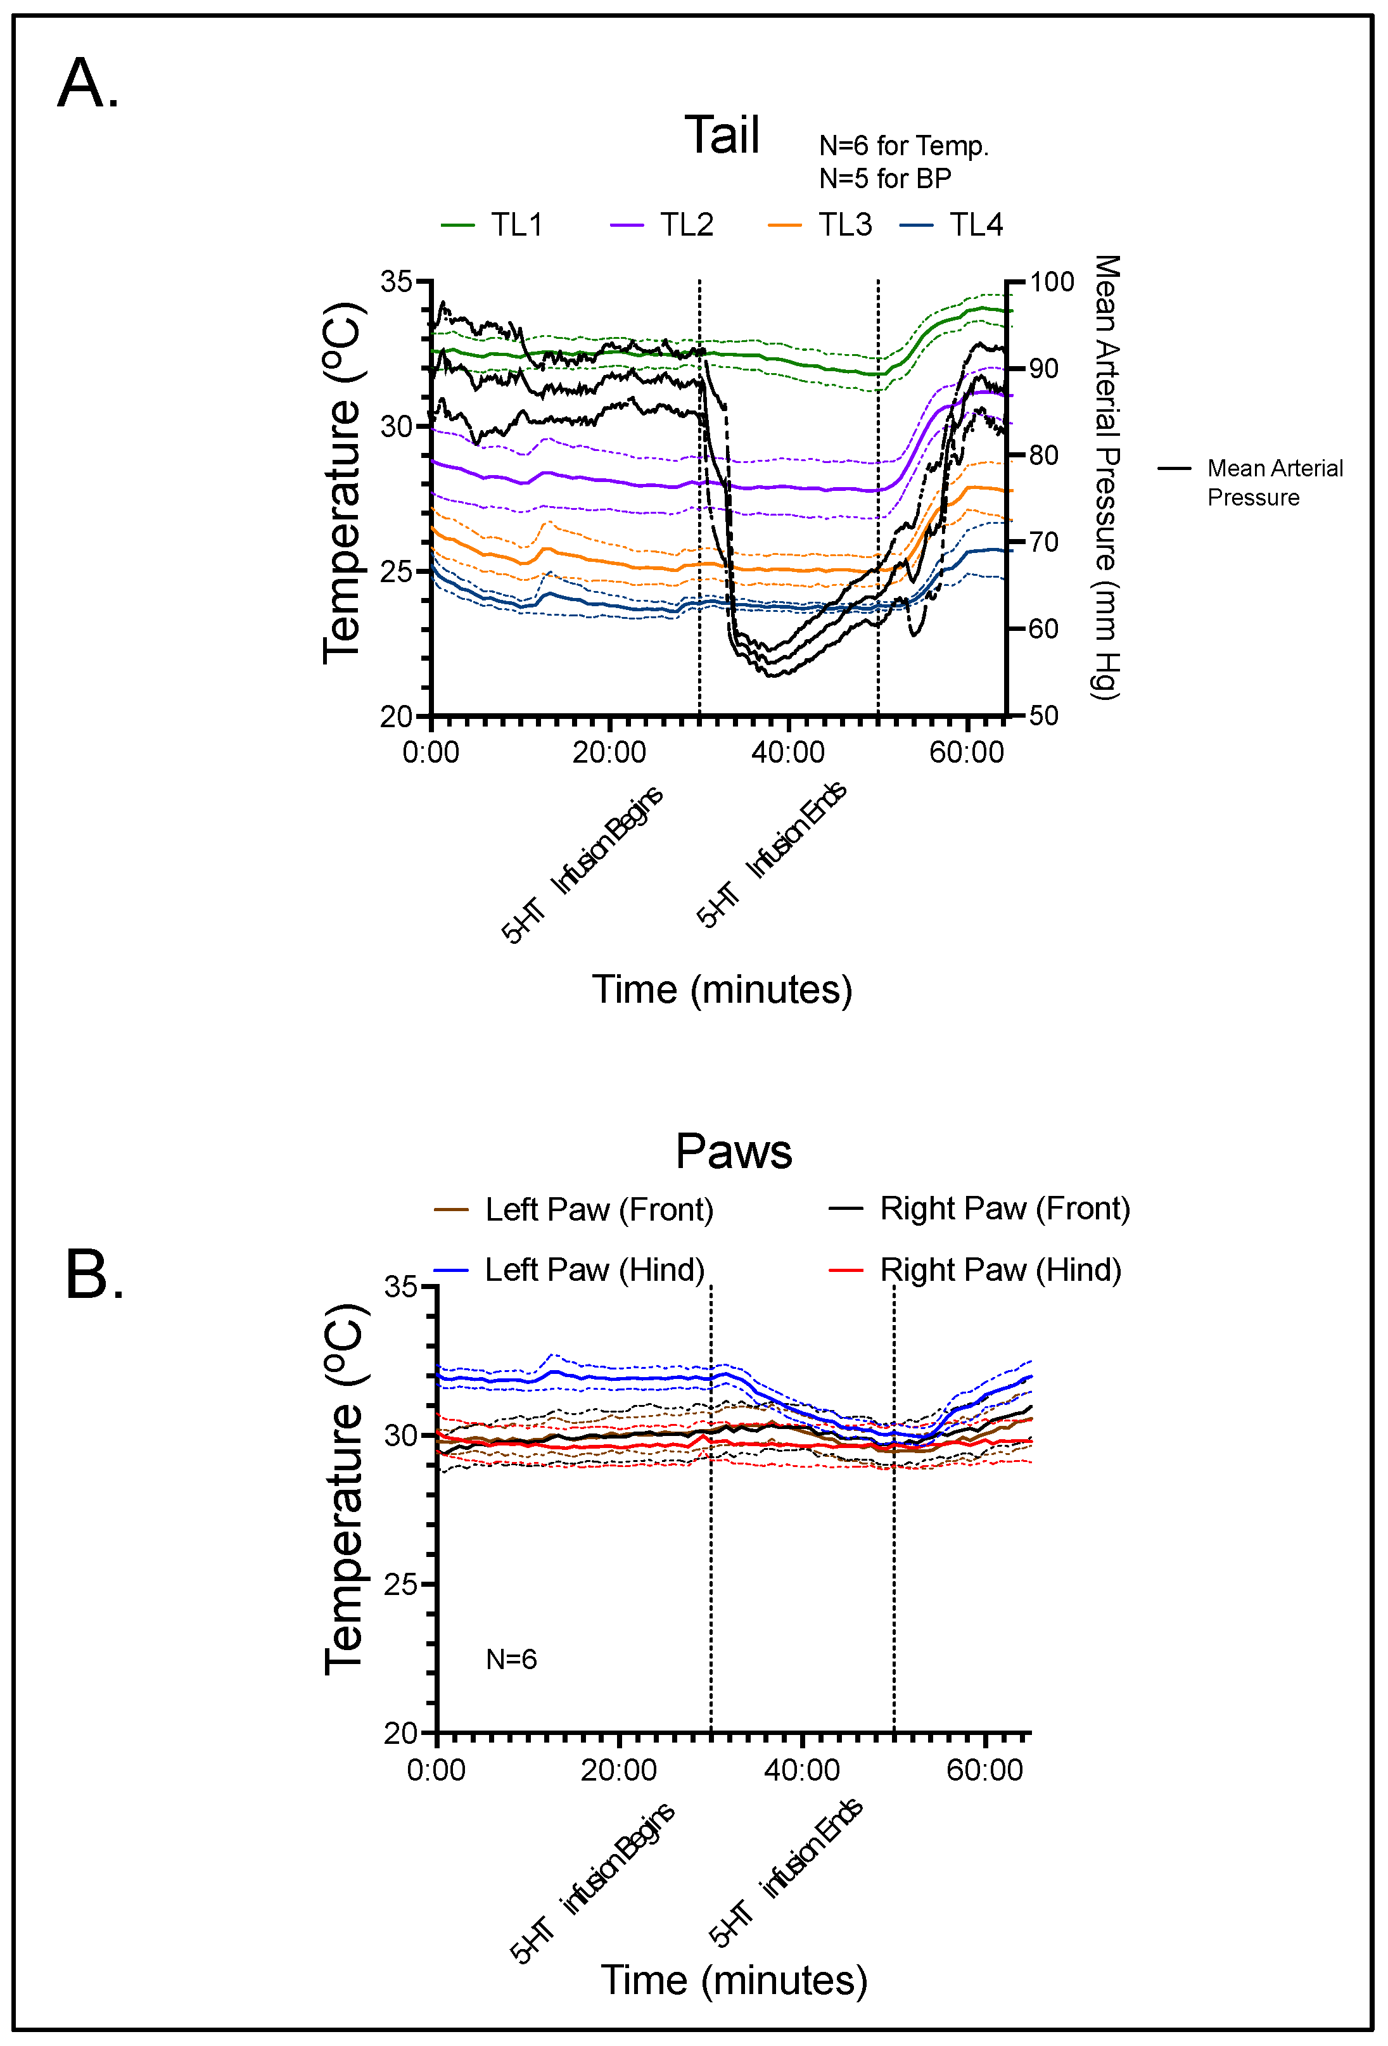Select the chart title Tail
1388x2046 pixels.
point(722,136)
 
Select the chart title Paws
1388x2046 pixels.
point(733,1151)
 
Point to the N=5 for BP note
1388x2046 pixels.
point(884,179)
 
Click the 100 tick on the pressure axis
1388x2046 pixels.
point(1052,283)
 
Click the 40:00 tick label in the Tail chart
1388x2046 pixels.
point(787,753)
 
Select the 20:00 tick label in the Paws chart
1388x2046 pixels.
point(618,1770)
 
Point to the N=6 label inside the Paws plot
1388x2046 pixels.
point(511,1660)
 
